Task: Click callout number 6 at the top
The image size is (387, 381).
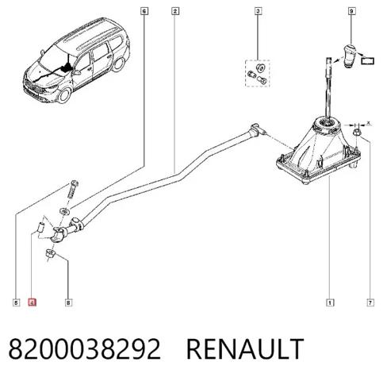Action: tap(144, 11)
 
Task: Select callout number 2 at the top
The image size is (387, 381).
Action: tap(174, 11)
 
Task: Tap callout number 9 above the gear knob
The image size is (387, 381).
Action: tap(351, 11)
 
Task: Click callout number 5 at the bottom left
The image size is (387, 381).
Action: tap(16, 302)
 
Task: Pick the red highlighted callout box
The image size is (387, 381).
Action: tap(32, 302)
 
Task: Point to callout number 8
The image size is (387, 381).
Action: tap(68, 302)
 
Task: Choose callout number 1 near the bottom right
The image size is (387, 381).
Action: tap(330, 302)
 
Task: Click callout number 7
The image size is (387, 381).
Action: tap(370, 302)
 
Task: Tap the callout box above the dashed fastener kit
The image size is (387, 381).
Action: tap(258, 11)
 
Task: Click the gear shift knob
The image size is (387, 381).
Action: tap(350, 56)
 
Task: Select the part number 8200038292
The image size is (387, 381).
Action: tap(85, 348)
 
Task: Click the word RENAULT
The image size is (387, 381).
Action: tap(245, 348)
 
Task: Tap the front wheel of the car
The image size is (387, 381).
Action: tap(64, 95)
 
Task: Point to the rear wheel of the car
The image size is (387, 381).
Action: tap(118, 64)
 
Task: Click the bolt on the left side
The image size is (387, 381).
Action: tap(74, 190)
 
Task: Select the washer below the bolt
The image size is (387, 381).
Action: tap(64, 211)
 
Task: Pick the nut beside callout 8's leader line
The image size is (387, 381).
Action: tap(50, 253)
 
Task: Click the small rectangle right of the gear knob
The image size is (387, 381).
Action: tap(368, 61)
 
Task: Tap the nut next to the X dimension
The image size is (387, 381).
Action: tap(357, 133)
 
